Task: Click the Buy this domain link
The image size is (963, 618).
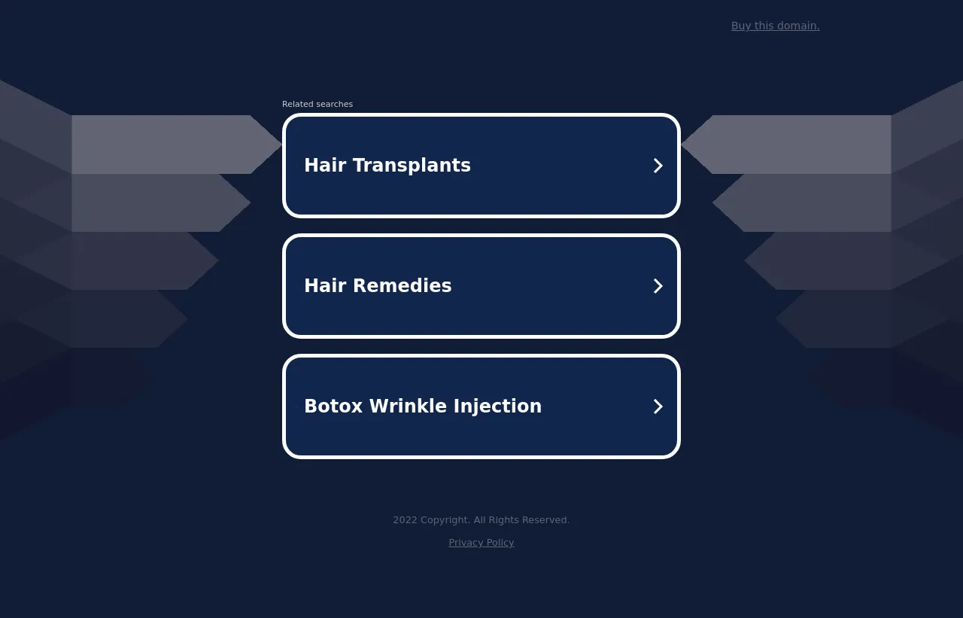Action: pos(775,26)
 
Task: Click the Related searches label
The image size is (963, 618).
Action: pos(317,104)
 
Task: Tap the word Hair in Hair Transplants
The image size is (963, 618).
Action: pos(325,165)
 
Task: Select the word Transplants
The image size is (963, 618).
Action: pos(412,166)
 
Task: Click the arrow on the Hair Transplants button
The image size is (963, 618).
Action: pos(658,166)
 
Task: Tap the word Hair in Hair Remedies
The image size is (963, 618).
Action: pos(325,285)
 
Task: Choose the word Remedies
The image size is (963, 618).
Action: pos(403,285)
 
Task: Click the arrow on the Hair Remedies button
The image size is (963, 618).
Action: pos(658,286)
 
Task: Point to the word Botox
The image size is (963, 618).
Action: pos(333,406)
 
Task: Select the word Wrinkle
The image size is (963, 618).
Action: pos(408,406)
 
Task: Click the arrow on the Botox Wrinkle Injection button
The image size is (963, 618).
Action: pos(658,406)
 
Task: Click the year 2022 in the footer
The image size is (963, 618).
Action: pos(405,520)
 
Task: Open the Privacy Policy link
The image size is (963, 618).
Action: pos(481,543)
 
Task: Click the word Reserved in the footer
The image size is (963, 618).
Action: pos(546,520)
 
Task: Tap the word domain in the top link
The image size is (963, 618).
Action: pos(799,26)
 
